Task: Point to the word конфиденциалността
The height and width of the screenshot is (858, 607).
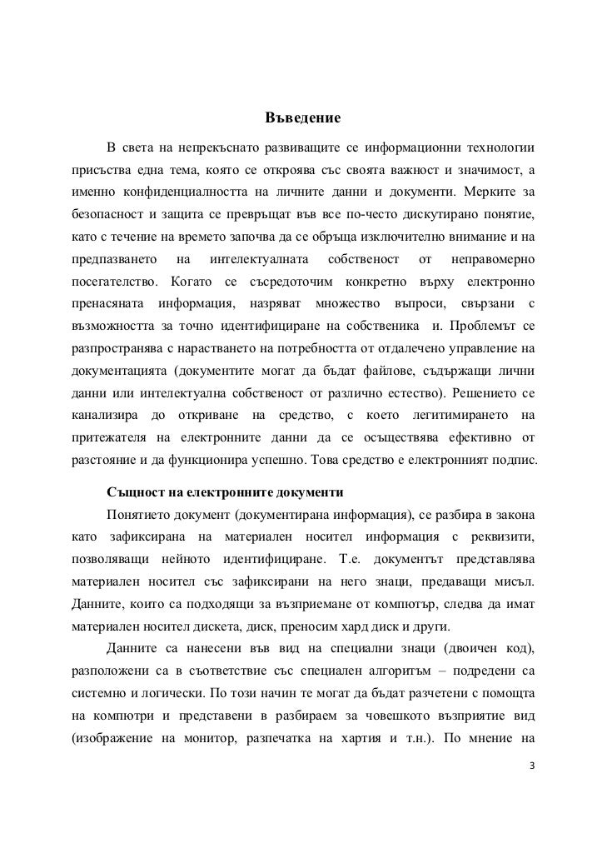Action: click(186, 192)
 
